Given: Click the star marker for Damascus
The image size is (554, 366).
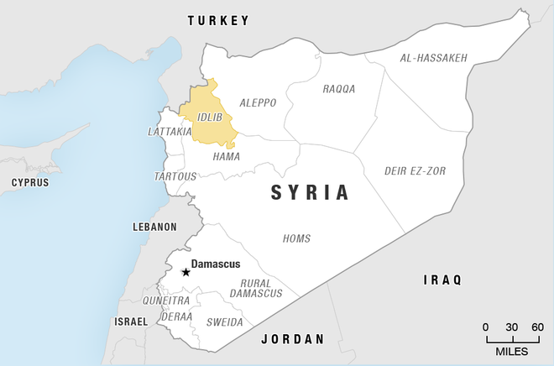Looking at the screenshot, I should point(186,272).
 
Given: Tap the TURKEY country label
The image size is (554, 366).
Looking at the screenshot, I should point(218,19).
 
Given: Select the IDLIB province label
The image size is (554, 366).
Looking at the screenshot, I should point(210,117).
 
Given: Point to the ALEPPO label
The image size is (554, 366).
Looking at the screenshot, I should point(258,102).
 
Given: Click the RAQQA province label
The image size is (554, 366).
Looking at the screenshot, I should point(339,88).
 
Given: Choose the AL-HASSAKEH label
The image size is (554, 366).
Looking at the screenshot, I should point(434,58).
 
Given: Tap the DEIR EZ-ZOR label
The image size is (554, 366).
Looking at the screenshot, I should point(415,170).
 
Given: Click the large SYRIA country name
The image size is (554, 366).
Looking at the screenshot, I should point(309,192).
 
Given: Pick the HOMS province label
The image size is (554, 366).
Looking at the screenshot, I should point(296,238).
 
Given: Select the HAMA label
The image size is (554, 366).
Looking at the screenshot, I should point(226,156).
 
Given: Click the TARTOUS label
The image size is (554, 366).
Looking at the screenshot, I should point(175,176).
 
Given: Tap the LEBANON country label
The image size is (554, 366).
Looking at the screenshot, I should point(154,227).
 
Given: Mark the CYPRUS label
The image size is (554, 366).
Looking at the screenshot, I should point(29,182).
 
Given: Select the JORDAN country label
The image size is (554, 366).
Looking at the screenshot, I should point(292,339).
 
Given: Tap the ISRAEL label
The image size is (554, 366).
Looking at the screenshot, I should point(130,322).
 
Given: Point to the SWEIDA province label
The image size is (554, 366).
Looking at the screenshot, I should point(225,322).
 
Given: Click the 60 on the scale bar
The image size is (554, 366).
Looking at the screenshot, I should point(537,327).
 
